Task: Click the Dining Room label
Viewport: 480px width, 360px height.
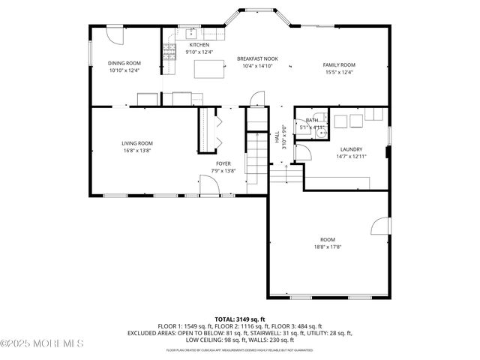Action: pos(124,63)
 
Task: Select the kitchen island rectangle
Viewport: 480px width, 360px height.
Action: pos(210,69)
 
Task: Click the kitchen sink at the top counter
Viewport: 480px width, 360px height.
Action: pos(190,33)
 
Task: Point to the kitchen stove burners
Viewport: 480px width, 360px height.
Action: pos(169,52)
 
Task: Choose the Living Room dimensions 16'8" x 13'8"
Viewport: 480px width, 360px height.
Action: pos(137,150)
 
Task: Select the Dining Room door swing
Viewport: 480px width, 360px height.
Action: pos(113,34)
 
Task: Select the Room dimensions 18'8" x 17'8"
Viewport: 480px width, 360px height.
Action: pos(328,247)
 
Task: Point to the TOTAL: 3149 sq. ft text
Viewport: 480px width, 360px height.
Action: pos(240,319)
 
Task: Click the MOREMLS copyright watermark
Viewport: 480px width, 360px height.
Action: pos(43,343)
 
